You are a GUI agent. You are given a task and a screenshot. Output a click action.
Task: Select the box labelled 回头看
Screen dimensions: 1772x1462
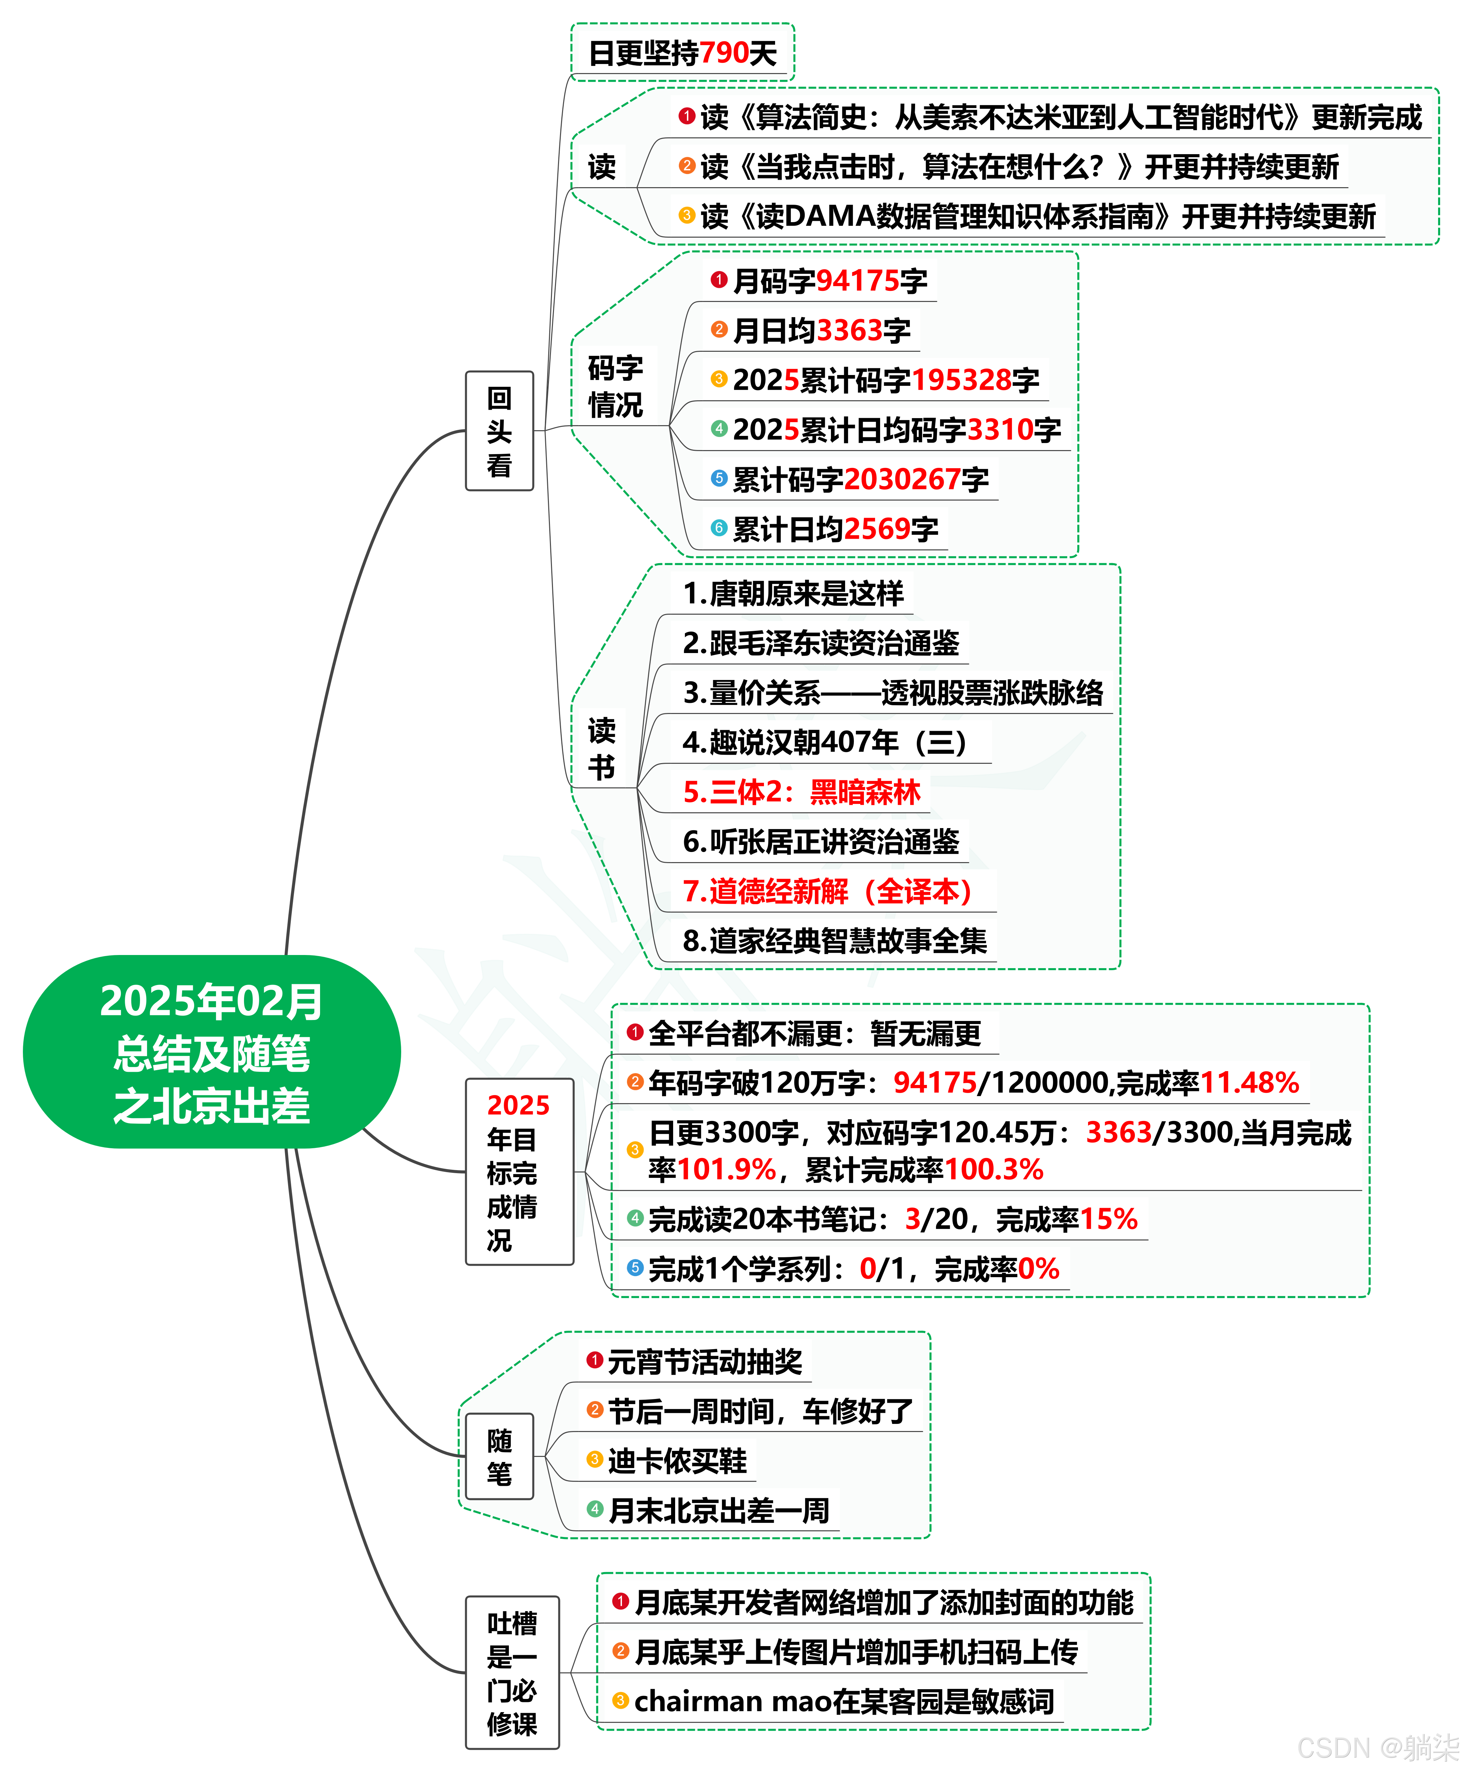click(x=499, y=431)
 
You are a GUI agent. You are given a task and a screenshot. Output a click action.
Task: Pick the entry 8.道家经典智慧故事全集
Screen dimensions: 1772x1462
click(x=834, y=941)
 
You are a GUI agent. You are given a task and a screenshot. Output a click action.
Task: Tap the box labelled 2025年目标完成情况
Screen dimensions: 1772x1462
click(x=519, y=1171)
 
